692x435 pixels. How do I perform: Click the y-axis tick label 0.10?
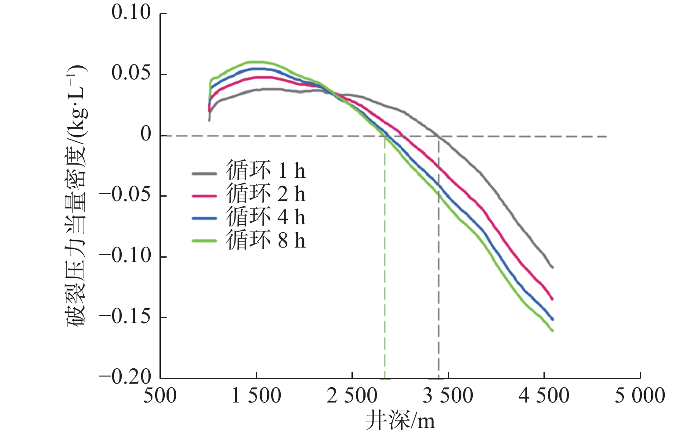point(131,13)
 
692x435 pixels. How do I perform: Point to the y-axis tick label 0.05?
point(131,73)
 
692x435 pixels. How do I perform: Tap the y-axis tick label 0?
point(146,134)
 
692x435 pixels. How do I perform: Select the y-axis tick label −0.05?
point(126,194)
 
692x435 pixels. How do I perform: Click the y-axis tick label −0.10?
point(126,255)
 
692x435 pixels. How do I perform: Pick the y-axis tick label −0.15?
point(126,316)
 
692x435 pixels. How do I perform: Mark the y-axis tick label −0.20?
point(126,377)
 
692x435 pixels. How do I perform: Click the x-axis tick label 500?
point(160,396)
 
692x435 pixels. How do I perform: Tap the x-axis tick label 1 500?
point(256,396)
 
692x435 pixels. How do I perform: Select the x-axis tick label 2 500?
point(351,396)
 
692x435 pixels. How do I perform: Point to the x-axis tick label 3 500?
point(448,396)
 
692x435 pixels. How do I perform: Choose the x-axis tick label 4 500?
point(543,396)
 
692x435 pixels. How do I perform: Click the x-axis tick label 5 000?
point(639,396)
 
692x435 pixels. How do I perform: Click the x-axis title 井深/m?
point(400,421)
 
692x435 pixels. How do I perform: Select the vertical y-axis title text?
point(77,195)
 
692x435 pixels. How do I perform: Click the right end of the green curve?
point(552,331)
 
